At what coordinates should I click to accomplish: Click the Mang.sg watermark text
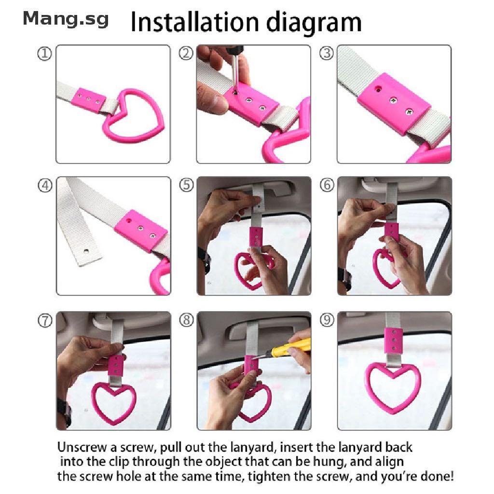66,19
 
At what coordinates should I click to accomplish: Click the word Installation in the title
195,22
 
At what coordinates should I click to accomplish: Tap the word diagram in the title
314,23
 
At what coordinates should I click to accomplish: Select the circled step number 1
44,54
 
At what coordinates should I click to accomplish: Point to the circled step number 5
186,185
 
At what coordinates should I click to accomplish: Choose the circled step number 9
327,320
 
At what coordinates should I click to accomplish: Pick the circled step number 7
45,321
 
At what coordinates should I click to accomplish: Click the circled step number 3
327,53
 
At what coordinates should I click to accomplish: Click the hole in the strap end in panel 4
86,251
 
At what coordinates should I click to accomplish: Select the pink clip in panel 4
141,230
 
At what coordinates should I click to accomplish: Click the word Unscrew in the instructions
82,447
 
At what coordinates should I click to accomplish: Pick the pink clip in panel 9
393,341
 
